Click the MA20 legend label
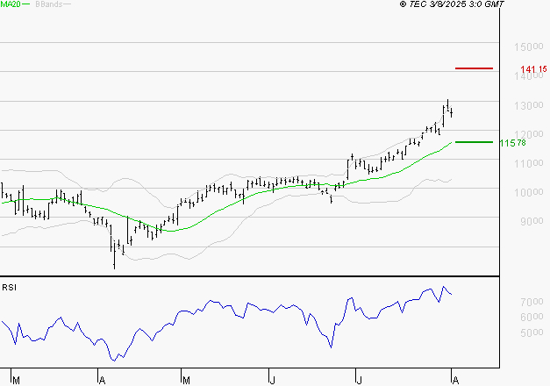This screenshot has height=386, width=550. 11,4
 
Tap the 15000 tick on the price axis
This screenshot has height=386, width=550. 527,46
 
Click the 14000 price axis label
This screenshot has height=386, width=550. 527,76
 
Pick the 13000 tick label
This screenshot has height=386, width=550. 527,105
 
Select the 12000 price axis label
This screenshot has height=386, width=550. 527,134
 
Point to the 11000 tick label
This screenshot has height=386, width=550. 527,163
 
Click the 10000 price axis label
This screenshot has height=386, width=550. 527,192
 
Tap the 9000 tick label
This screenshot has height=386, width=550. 530,221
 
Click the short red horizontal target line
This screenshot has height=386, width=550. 474,68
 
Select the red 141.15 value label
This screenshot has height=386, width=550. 533,69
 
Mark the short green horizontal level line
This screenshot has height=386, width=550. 474,141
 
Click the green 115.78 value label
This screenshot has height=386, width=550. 512,142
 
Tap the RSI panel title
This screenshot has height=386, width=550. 9,287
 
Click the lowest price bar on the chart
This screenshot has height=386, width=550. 114,258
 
